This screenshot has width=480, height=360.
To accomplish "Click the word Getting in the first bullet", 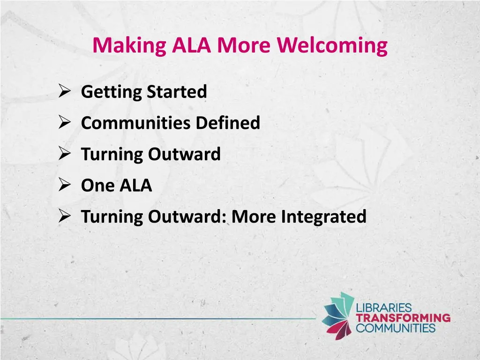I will (x=112, y=92).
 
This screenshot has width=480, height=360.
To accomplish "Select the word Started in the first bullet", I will (x=177, y=92).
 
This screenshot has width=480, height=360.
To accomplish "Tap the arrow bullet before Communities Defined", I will (x=65, y=123).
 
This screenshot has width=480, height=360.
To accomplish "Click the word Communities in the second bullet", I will (x=136, y=123).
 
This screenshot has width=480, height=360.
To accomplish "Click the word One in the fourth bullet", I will (x=97, y=186).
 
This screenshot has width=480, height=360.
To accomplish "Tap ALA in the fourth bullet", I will (x=135, y=186).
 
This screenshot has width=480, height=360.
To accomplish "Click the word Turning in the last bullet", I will (x=112, y=217).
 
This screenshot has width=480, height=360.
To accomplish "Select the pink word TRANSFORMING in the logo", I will (x=403, y=318).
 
